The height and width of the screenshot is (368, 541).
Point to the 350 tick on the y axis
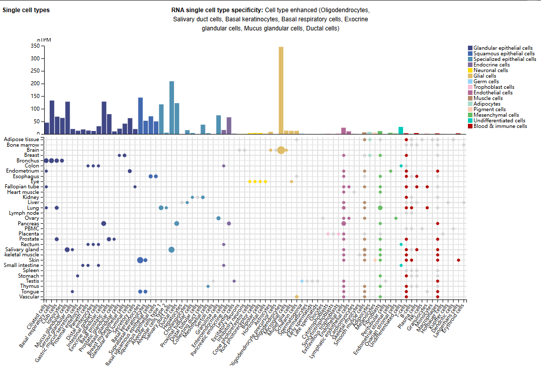pos(35,46)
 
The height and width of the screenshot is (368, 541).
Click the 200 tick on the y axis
pos(35,83)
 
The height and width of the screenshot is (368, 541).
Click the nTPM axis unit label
pos(44,40)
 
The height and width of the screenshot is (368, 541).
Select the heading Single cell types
pos(26,10)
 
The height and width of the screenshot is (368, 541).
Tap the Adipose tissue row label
pos(21,139)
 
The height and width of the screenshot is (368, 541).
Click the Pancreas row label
pos(28,223)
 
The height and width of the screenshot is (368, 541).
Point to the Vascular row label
pos(29,297)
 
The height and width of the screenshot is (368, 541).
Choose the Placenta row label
pos(28,234)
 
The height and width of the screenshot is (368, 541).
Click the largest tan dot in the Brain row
pos(281,150)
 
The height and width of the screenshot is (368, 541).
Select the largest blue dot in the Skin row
pos(140,260)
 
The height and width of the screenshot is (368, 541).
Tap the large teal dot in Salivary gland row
pos(172,250)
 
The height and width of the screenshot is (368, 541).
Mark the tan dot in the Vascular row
pos(297,297)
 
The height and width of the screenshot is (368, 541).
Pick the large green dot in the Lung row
pos(380,208)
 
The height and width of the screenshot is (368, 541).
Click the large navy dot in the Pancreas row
pos(104,223)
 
